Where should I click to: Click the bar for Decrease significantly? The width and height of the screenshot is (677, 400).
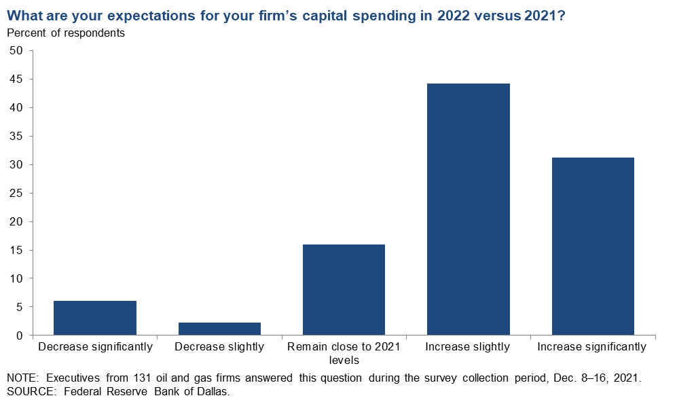[95, 318]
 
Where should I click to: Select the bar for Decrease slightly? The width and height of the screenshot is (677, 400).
[219, 329]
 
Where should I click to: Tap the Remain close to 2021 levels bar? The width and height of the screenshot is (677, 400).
[344, 289]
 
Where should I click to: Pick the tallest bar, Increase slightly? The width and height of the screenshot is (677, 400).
[468, 209]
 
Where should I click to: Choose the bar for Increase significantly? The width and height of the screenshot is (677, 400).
[593, 246]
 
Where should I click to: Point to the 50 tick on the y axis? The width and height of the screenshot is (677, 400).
[16, 51]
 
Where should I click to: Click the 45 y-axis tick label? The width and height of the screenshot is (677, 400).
[16, 79]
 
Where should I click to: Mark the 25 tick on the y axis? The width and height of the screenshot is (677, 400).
[16, 194]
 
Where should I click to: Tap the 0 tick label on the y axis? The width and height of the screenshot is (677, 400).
[20, 335]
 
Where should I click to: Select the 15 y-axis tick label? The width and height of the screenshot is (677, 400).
[16, 251]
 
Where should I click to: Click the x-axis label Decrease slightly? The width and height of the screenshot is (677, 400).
[219, 347]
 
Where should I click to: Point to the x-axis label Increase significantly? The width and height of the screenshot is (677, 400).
[592, 347]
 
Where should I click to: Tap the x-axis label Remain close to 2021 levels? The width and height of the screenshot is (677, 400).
[344, 353]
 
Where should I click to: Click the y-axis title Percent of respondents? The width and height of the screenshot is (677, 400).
[66, 33]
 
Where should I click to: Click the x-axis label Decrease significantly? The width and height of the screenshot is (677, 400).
[96, 347]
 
